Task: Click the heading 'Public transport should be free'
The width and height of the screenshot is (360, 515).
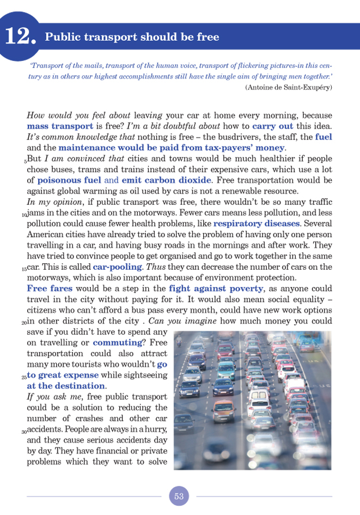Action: pos(132,37)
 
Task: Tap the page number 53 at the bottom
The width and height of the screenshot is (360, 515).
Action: pos(179,496)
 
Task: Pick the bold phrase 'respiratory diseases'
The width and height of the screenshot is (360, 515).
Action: pos(256,223)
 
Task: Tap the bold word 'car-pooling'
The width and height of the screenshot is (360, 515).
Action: pos(116,268)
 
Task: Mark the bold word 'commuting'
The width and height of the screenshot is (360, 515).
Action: pos(117,343)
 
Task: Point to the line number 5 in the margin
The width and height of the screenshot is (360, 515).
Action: pos(25,161)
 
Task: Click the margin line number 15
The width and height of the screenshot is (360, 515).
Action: pos(23,269)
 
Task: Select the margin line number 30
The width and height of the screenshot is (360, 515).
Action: pos(23,432)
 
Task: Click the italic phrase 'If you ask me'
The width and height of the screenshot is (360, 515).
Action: pos(51,397)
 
